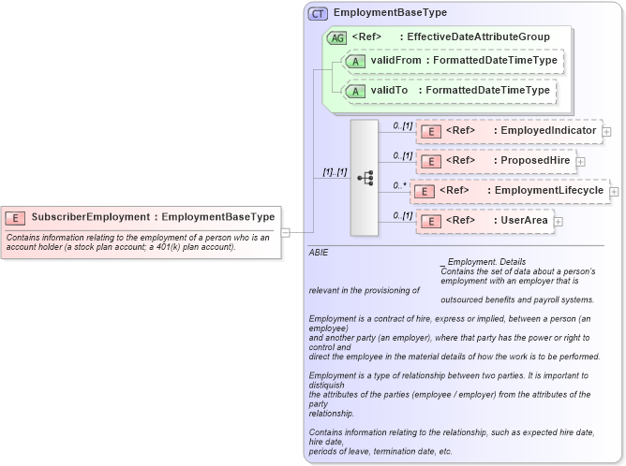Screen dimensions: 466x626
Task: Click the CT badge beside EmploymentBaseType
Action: pyautogui.click(x=318, y=13)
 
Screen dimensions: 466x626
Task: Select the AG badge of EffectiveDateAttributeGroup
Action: pyautogui.click(x=336, y=38)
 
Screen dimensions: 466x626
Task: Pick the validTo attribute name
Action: pyautogui.click(x=389, y=90)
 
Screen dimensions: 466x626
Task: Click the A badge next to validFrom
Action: pyautogui.click(x=356, y=61)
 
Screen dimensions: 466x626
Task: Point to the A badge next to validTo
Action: pyautogui.click(x=356, y=90)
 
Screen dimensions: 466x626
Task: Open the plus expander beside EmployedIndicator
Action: pyautogui.click(x=606, y=132)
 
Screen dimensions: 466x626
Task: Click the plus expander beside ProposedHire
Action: pyautogui.click(x=580, y=162)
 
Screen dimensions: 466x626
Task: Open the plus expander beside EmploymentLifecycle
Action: pyautogui.click(x=614, y=192)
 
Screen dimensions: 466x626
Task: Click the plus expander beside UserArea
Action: pyautogui.click(x=559, y=222)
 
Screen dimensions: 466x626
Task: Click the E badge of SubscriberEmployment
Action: pyautogui.click(x=15, y=218)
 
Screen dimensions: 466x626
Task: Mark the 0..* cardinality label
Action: pyautogui.click(x=400, y=185)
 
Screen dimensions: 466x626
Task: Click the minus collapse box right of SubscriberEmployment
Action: pyautogui.click(x=285, y=232)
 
